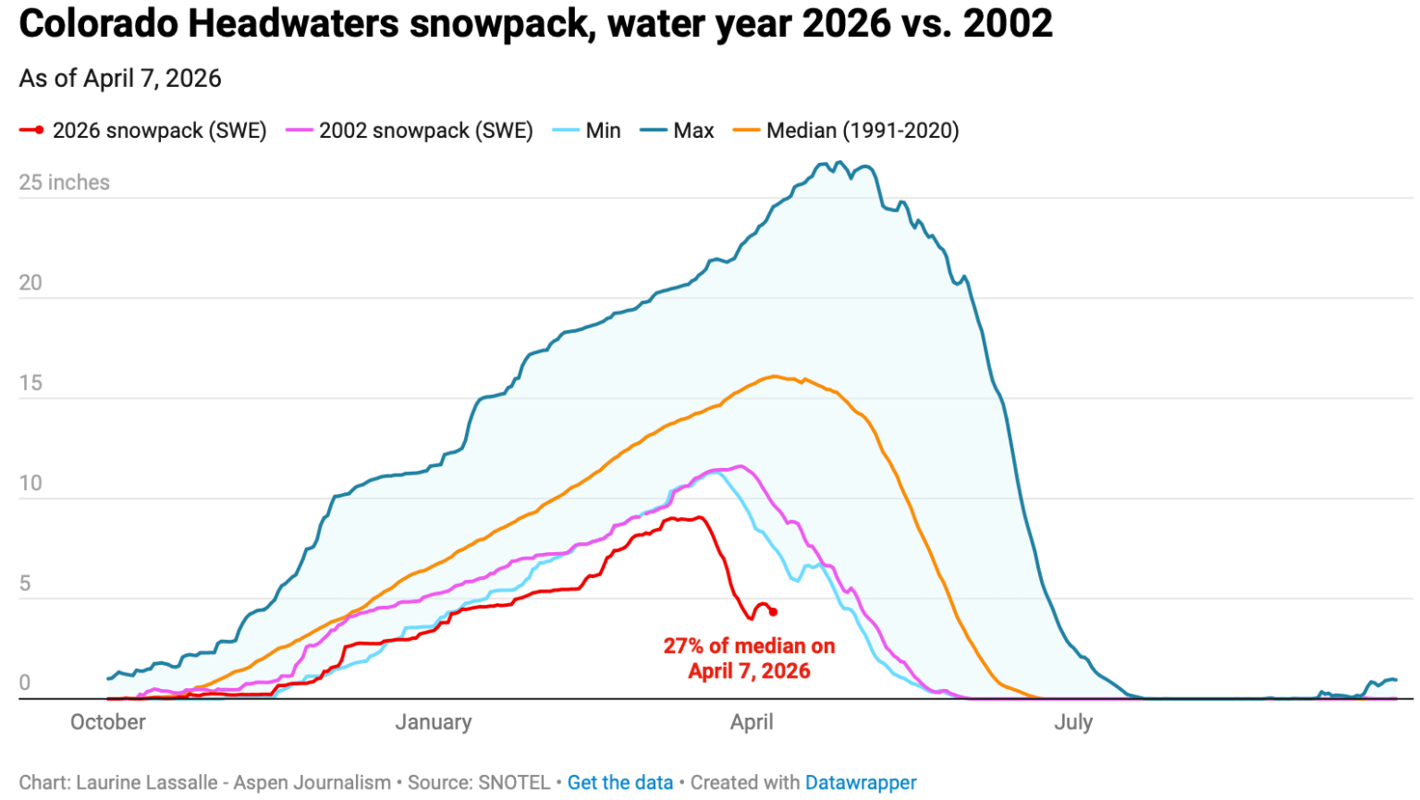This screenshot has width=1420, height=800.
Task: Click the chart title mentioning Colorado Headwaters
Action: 535,23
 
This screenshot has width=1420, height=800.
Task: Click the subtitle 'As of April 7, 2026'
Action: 120,79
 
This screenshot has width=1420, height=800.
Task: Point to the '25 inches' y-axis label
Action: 64,182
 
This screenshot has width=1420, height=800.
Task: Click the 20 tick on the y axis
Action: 31,283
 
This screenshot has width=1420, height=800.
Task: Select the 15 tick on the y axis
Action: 31,383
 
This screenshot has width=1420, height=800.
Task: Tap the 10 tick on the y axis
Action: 31,483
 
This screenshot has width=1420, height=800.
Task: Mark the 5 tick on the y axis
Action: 25,584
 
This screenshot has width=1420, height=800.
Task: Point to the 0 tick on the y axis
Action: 25,683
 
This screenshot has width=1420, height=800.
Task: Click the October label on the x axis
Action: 108,722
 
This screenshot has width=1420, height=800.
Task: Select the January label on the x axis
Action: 434,722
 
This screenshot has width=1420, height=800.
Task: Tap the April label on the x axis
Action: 752,722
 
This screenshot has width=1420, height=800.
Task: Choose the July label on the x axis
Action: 1073,722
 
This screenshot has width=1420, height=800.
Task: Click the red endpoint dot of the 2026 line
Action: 773,612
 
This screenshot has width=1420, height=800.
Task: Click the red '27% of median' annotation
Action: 749,658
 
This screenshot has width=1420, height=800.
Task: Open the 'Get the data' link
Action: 619,782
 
